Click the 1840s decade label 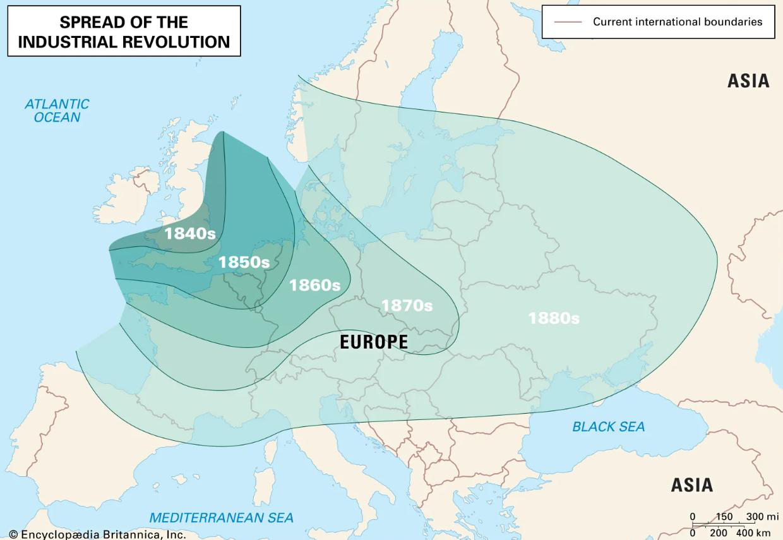point(190,233)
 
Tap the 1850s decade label point(244,261)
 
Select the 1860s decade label point(314,285)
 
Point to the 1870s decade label point(407,305)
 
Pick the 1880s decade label point(554,318)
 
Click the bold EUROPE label point(374,342)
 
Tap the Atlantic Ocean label point(57,111)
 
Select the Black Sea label point(608,427)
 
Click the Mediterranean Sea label point(221,517)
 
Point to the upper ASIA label point(748,81)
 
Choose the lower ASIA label point(692,485)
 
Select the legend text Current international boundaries point(677,21)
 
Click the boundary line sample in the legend point(568,22)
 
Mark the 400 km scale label point(758,533)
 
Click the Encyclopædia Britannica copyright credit point(98,534)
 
